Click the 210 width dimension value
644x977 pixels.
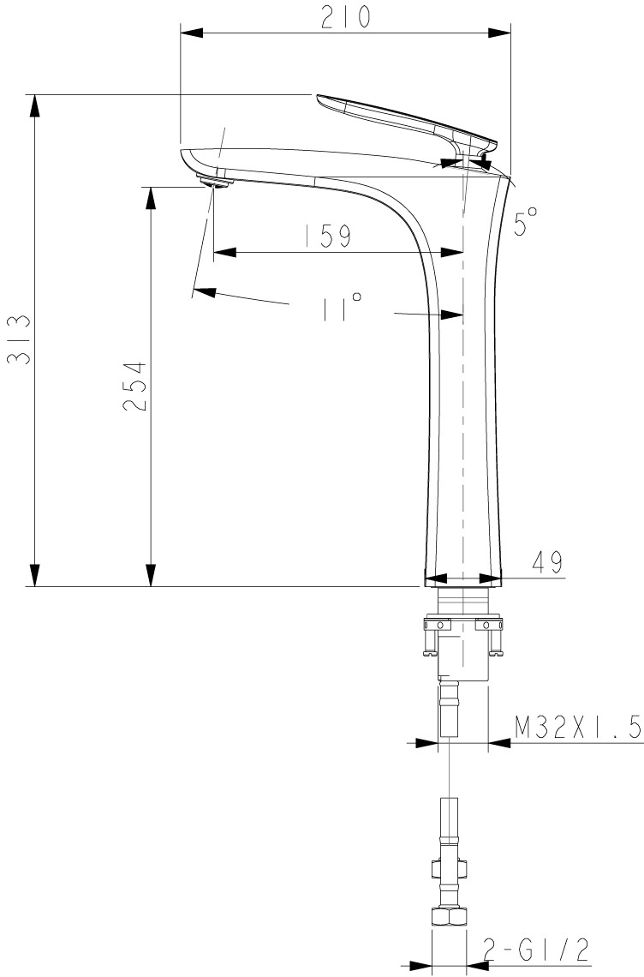point(345,17)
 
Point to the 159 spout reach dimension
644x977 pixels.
point(328,236)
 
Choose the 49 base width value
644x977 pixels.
point(547,562)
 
